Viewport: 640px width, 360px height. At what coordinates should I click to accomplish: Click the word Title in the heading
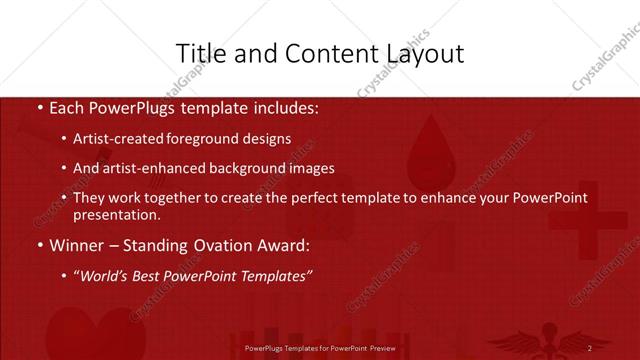click(x=199, y=53)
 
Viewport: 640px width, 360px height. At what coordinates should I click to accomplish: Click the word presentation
click(x=116, y=214)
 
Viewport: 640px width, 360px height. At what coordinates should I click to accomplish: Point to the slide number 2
click(x=589, y=347)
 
